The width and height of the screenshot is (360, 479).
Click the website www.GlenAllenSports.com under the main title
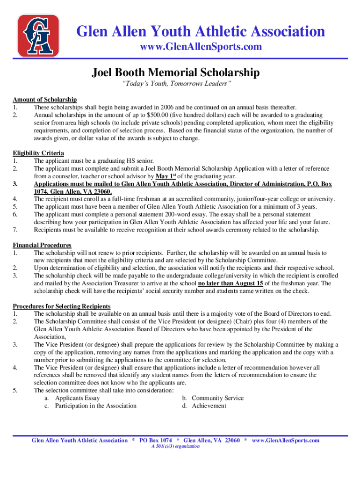pos(201,47)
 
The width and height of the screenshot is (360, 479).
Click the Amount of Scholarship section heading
pos(44,100)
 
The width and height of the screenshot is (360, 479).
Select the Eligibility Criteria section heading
pos(38,153)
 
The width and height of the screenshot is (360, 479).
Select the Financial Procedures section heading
pos(42,246)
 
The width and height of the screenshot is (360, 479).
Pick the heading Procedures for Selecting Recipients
pos(61,306)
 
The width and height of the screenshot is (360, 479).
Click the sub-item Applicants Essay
pos(77,398)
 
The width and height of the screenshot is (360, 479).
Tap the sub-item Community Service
pos(217,398)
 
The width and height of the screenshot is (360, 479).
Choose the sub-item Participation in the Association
pos(95,406)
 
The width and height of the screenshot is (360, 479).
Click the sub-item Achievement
pos(209,406)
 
